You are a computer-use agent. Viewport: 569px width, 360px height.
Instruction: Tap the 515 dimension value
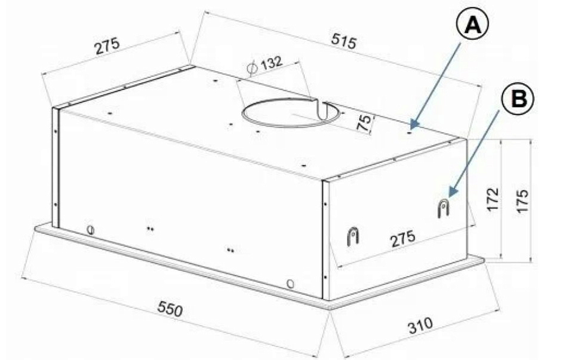[345, 42]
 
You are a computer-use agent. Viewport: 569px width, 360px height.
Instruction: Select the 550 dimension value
[170, 309]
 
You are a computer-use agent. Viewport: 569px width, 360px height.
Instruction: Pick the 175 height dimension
[522, 202]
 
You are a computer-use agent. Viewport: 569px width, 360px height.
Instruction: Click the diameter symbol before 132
[251, 68]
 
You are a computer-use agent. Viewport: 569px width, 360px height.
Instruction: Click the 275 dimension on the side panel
[403, 239]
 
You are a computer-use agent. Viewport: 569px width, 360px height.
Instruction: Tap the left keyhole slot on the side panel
[353, 235]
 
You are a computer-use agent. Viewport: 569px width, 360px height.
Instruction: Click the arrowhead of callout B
[451, 194]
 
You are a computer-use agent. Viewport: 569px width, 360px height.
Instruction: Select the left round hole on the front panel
[91, 229]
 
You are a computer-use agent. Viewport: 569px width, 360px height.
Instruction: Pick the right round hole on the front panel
[290, 282]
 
